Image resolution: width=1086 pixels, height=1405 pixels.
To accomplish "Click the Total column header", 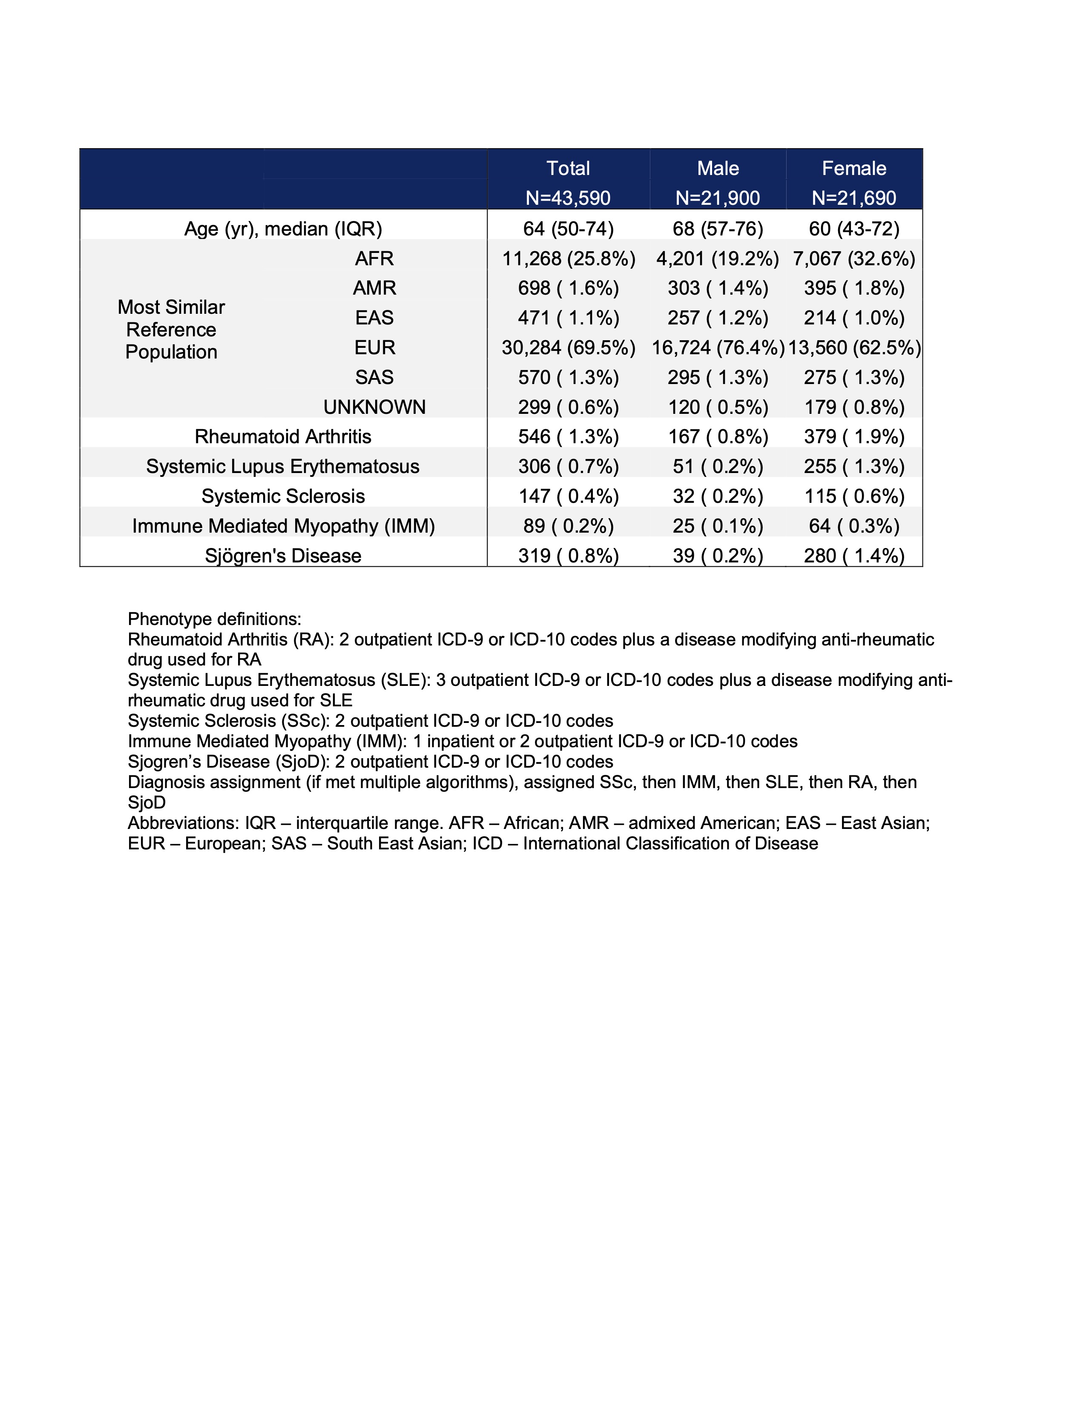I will click(x=568, y=169).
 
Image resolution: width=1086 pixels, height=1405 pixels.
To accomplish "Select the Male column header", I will click(x=718, y=169).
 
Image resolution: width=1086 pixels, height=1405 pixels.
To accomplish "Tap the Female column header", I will click(x=854, y=169).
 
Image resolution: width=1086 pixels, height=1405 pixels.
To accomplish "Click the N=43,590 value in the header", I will click(x=568, y=198).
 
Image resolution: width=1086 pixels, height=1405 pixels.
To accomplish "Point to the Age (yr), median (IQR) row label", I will click(x=283, y=229).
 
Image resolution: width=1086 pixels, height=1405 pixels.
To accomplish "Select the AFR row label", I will click(x=374, y=258).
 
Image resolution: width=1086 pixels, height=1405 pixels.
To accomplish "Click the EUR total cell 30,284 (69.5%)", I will click(x=568, y=348).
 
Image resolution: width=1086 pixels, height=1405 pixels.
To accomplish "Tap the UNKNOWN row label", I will click(x=374, y=407).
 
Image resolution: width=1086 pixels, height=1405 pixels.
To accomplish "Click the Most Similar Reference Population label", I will click(x=171, y=330).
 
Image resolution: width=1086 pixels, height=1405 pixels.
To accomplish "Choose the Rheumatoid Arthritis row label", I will click(x=283, y=437).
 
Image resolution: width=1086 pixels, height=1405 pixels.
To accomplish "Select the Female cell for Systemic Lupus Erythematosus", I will click(x=854, y=466).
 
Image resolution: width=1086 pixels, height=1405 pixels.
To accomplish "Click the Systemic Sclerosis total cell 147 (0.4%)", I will click(x=568, y=496).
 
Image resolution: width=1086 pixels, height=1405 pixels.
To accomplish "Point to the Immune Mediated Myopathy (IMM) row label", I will click(x=283, y=526).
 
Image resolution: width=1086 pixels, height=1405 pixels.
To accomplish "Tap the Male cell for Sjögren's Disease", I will click(x=718, y=556).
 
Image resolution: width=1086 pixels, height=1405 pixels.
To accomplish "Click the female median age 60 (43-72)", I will click(x=854, y=229).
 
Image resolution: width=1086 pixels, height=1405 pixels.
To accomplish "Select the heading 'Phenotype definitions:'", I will click(x=214, y=619).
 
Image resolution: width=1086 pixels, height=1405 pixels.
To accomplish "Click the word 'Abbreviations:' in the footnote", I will click(x=184, y=823).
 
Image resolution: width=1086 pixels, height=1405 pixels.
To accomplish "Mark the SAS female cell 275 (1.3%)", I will click(x=854, y=378).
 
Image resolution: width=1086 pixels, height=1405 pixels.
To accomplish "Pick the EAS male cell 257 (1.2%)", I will click(x=718, y=318).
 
